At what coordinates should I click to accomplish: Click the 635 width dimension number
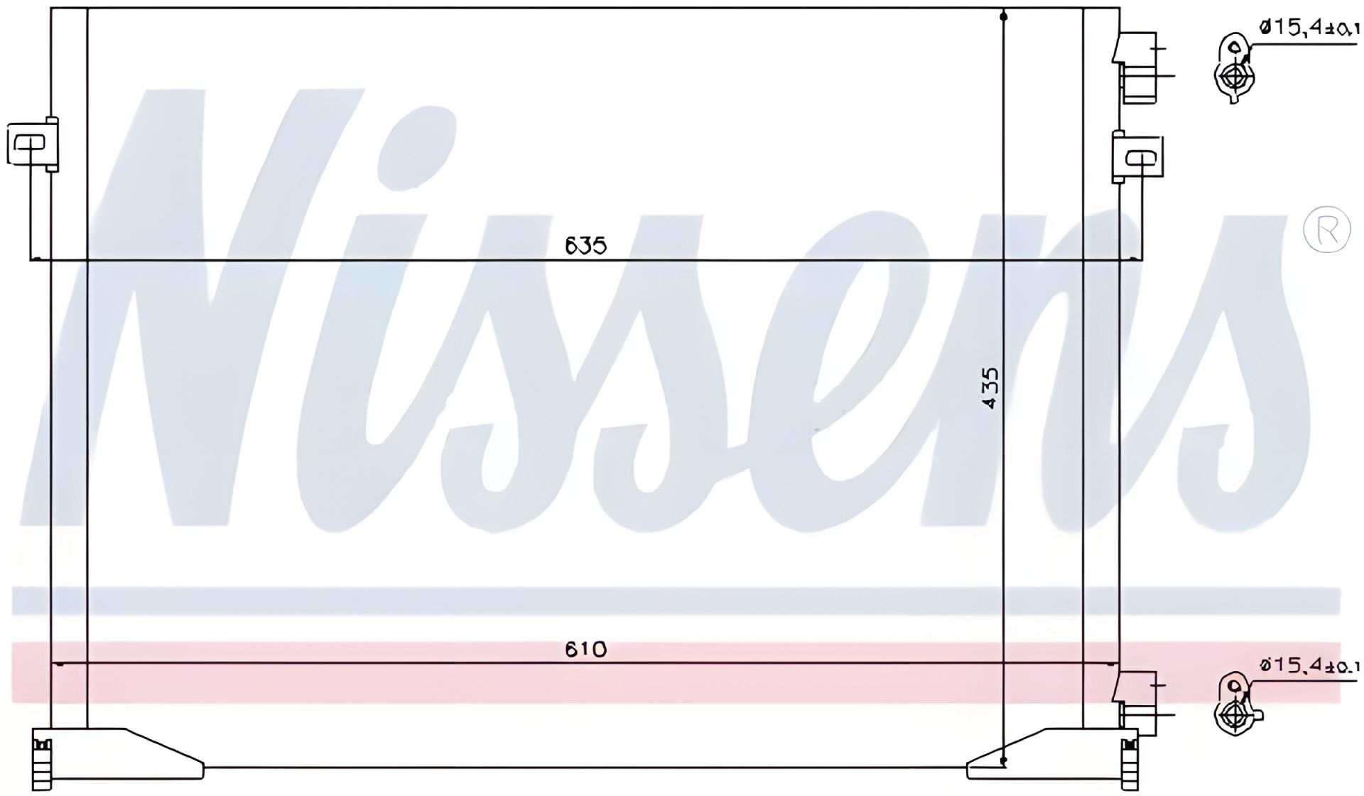[x=586, y=246]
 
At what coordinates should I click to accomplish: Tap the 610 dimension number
[x=586, y=649]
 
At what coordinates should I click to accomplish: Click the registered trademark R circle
[x=1326, y=227]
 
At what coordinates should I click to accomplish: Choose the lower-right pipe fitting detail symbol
[x=1235, y=705]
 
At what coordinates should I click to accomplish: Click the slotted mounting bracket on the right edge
[x=1137, y=156]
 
